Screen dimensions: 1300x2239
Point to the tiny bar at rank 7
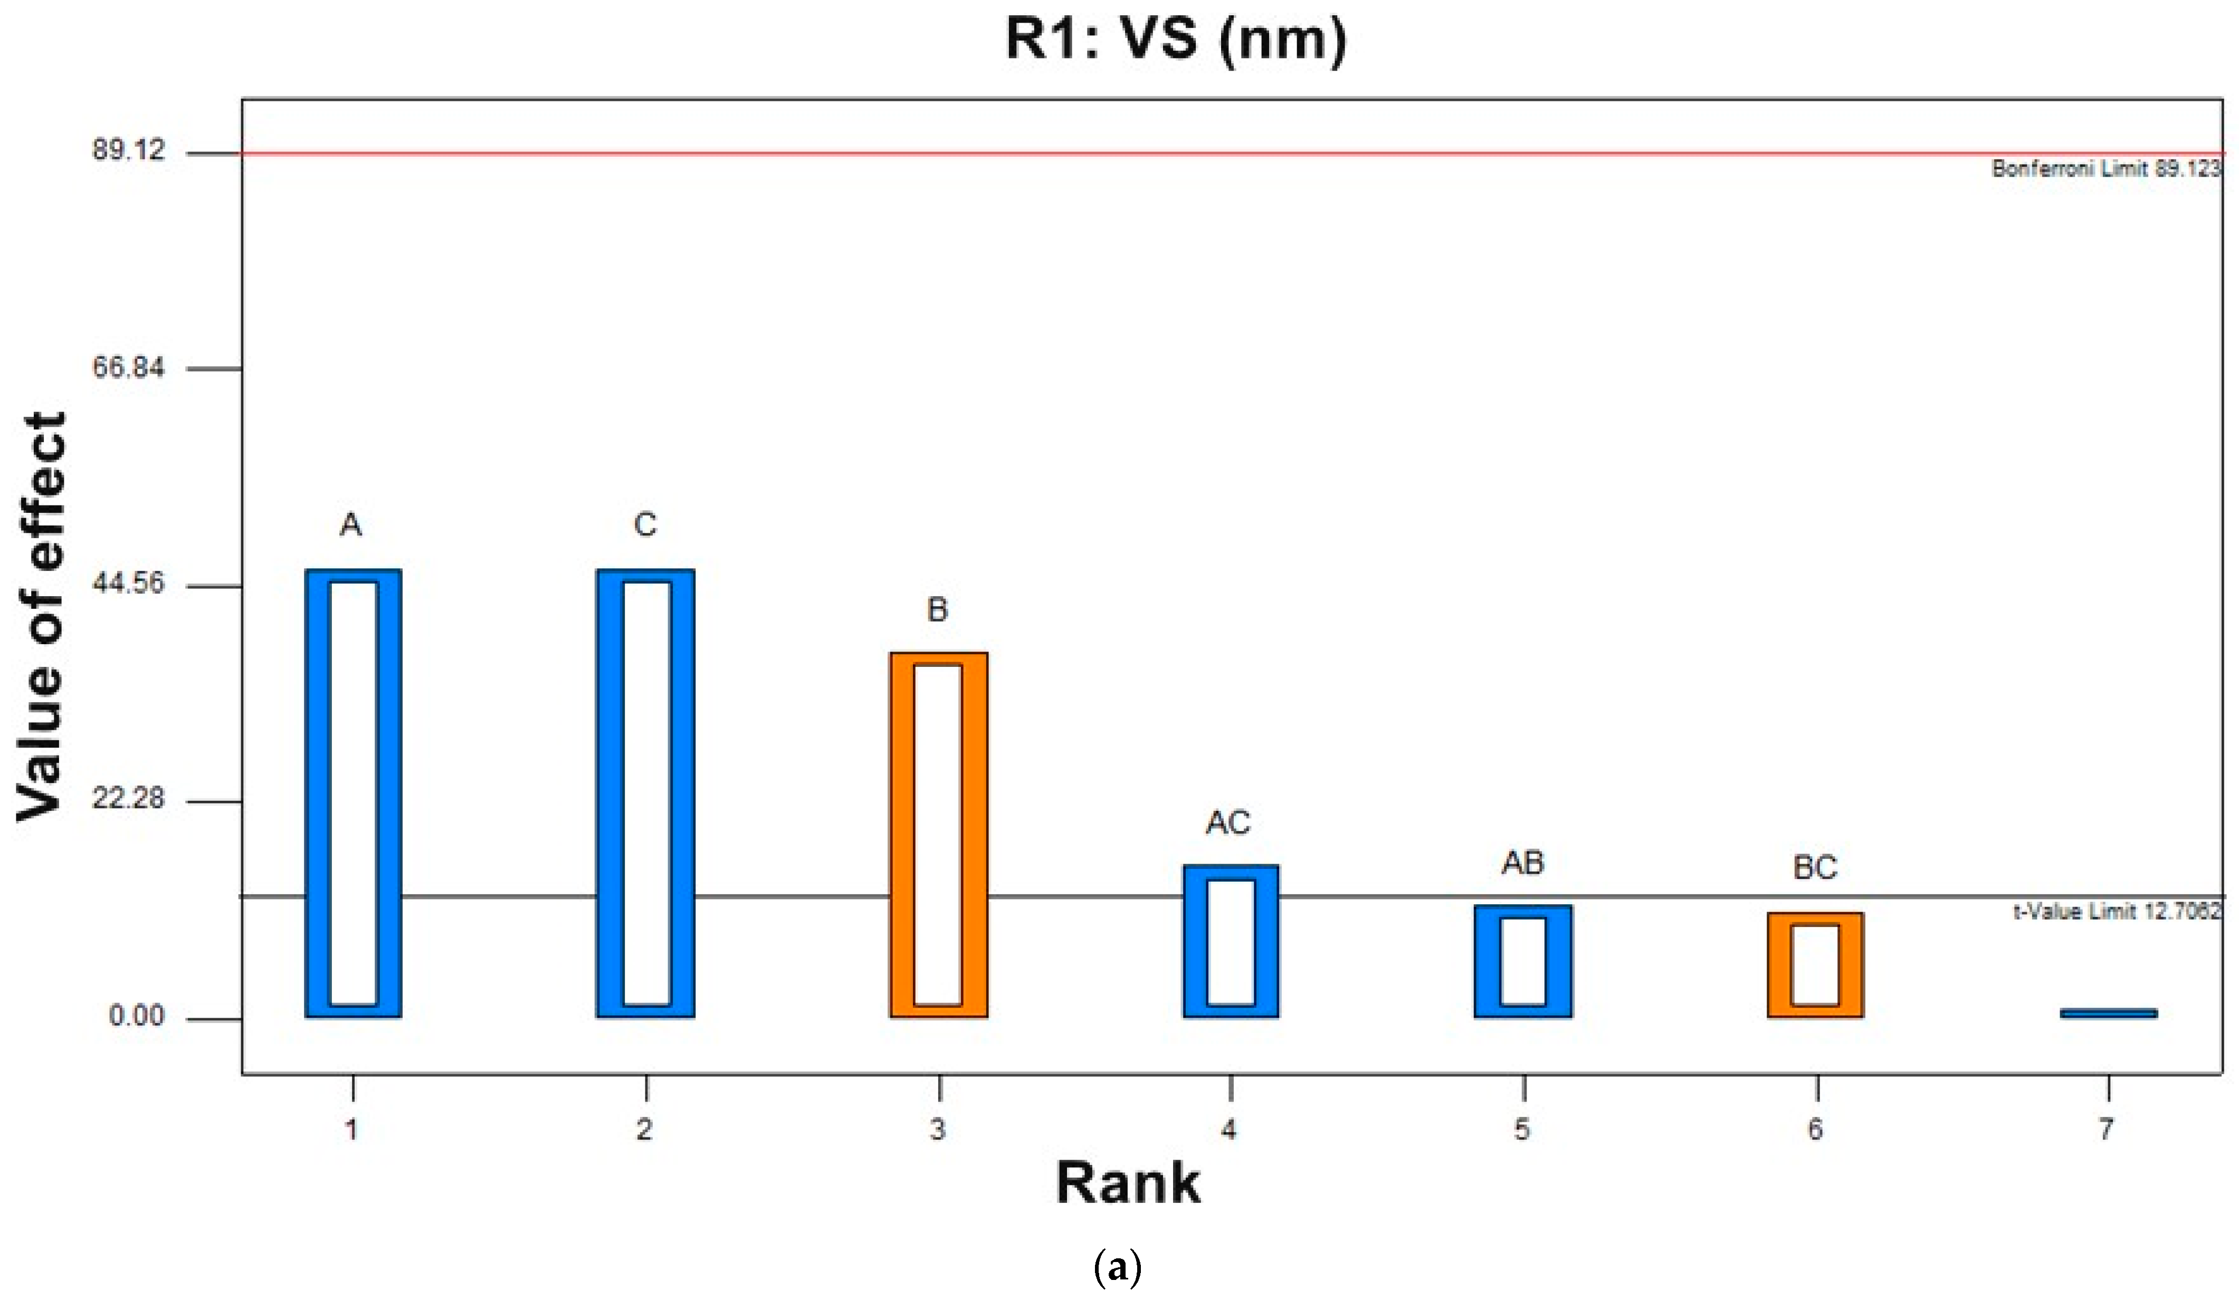pos(2108,1013)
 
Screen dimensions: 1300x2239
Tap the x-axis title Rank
pos(1128,1183)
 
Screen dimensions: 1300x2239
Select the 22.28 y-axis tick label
pos(129,798)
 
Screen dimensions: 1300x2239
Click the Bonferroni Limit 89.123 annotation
pos(2105,169)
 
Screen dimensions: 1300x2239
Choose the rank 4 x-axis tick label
pos(1230,1130)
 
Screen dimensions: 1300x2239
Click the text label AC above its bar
pos(1228,823)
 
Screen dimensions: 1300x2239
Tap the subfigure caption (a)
pos(1118,1268)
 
